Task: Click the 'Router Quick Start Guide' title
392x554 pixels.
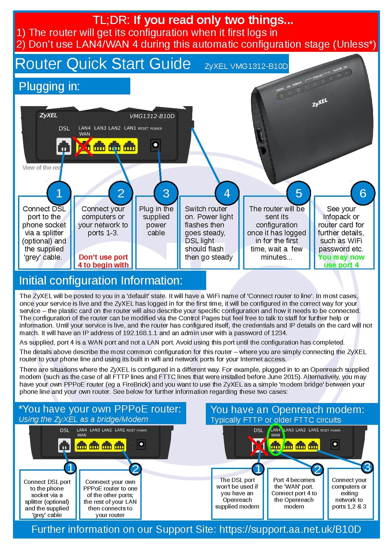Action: tap(103, 64)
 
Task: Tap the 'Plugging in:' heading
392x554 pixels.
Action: tap(49, 86)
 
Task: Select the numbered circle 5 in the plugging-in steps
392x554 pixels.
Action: tap(298, 193)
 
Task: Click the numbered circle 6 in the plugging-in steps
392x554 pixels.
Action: tap(363, 193)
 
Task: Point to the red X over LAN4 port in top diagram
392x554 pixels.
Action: tap(83, 146)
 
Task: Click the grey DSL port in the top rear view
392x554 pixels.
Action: tap(64, 146)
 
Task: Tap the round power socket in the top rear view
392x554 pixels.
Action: tap(155, 145)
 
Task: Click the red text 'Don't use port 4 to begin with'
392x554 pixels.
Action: tap(103, 261)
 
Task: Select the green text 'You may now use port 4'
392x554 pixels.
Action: tap(341, 261)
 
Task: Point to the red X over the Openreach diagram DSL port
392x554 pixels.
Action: tap(258, 446)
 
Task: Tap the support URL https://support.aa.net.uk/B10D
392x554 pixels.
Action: tap(290, 529)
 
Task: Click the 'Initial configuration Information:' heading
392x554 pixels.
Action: tap(101, 281)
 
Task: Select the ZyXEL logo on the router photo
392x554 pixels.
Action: tap(320, 103)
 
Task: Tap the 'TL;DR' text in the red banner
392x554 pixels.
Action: tap(111, 20)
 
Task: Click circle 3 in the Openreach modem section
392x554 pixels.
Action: tap(367, 467)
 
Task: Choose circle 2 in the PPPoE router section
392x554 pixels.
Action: tap(135, 469)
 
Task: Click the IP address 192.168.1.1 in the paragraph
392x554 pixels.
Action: tap(140, 333)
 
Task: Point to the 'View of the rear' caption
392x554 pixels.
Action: tap(42, 168)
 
